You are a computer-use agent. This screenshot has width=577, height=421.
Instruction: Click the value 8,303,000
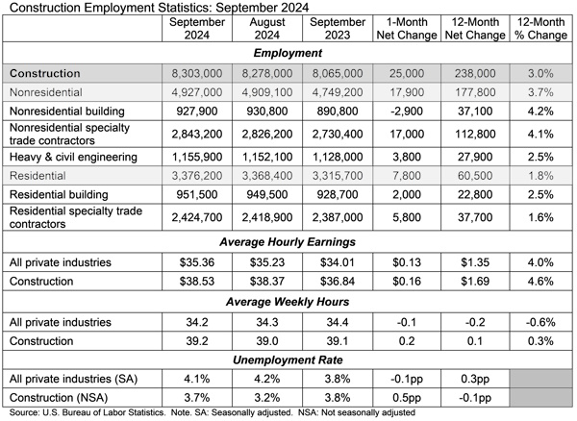click(x=193, y=73)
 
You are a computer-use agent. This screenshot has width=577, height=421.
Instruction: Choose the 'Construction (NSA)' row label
click(x=63, y=398)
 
